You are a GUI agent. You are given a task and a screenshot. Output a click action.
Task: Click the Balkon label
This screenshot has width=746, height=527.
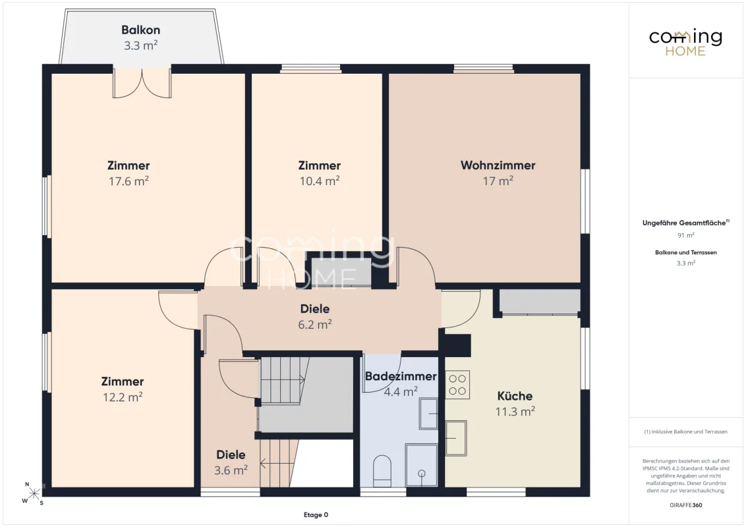coord(141,30)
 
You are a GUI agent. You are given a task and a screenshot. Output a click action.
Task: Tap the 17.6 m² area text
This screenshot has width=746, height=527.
coord(129,180)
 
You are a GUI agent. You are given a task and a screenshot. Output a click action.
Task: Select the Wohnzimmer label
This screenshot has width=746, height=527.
coord(498,165)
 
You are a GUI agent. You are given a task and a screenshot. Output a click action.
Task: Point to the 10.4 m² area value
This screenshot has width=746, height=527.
coord(320,180)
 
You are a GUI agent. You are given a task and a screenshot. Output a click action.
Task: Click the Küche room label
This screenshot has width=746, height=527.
coord(515,396)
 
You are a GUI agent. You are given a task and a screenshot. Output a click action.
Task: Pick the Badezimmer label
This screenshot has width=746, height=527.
coord(401,376)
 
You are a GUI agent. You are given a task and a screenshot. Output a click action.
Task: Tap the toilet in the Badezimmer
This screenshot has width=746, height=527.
coord(382,471)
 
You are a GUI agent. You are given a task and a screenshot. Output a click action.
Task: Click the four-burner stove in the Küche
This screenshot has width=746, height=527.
coord(458,385)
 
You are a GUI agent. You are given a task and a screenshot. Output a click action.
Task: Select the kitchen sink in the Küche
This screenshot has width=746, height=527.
coord(456,438)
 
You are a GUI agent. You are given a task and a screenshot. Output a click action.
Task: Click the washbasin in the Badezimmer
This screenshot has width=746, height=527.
coord(428,414)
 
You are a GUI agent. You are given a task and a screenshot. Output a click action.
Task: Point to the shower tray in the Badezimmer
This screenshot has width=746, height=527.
coord(422,465)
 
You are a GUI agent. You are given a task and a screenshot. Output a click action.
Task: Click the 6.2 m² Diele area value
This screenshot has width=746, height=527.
coord(315,324)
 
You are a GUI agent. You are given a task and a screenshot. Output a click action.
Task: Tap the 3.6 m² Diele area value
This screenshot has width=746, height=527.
coord(231,470)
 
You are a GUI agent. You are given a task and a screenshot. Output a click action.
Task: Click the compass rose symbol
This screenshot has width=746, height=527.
coord(34,493)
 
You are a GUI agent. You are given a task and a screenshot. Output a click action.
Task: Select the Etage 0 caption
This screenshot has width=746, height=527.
coord(316,514)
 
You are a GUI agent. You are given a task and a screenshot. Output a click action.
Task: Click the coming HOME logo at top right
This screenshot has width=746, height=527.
coord(685,42)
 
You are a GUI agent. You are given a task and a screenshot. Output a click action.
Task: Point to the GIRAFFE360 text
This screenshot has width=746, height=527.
coord(685,505)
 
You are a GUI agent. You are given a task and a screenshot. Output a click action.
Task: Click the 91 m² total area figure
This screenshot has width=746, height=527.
coord(685,235)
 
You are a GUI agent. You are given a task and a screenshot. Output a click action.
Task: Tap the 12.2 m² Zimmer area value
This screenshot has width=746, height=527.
coord(123,397)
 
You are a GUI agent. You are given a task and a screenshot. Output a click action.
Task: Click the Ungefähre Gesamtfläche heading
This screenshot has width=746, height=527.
coord(685,223)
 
